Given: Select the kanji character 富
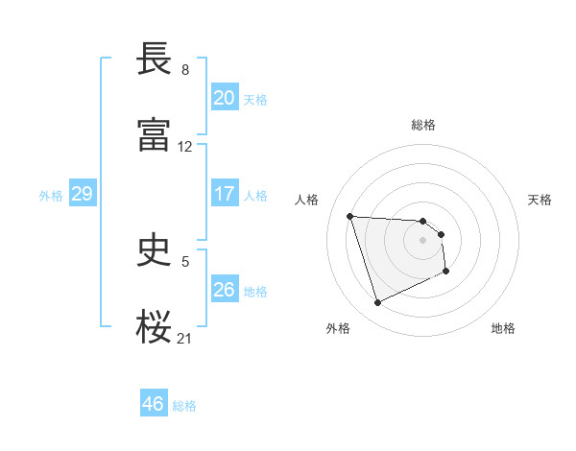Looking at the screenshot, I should pyautogui.click(x=155, y=135).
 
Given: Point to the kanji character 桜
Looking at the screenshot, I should pyautogui.click(x=155, y=327).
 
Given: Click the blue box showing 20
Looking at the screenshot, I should pyautogui.click(x=224, y=98).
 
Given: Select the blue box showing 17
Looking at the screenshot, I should pyautogui.click(x=224, y=194).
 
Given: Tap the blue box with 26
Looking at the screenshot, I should pyautogui.click(x=224, y=290).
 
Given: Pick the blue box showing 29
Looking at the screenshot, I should pyautogui.click(x=82, y=194).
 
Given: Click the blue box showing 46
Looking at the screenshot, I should pyautogui.click(x=153, y=404).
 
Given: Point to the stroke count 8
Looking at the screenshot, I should pyautogui.click(x=185, y=70).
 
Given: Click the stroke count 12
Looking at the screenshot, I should pyautogui.click(x=185, y=147).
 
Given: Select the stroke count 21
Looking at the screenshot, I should pyautogui.click(x=185, y=338).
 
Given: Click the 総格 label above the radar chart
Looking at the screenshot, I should pyautogui.click(x=423, y=125).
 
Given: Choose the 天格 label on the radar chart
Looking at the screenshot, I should pyautogui.click(x=540, y=200).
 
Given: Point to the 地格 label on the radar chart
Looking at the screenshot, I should pyautogui.click(x=503, y=329).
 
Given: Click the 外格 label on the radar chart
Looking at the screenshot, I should pyautogui.click(x=338, y=329).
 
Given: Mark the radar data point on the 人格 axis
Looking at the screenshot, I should pyautogui.click(x=350, y=216).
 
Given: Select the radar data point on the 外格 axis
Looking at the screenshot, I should pyautogui.click(x=377, y=303).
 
